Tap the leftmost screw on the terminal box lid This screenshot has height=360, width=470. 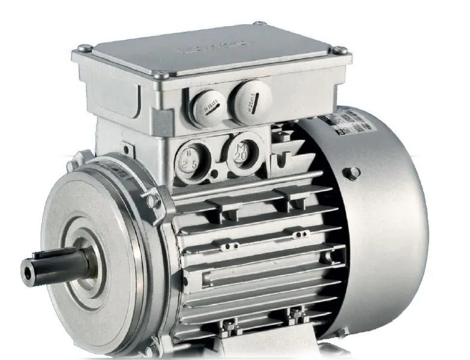point(85,48)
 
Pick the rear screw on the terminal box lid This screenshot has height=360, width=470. point(260,24)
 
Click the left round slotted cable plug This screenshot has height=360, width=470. point(209,105)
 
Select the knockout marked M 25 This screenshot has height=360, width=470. point(191,158)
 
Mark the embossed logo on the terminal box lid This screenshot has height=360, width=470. point(217,45)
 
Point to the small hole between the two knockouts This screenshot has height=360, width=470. point(214,175)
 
